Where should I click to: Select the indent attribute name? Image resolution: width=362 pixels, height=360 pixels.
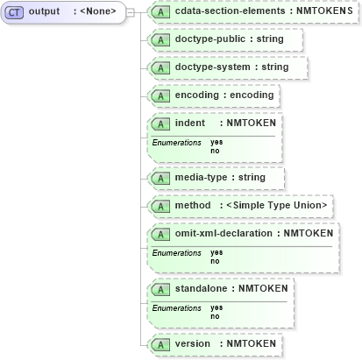(x=190, y=123)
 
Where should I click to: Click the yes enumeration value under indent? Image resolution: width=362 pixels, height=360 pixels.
(x=216, y=142)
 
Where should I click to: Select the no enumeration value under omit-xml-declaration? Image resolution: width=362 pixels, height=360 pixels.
(x=215, y=260)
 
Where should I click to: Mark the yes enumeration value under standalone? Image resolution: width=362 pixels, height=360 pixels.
(x=216, y=307)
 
